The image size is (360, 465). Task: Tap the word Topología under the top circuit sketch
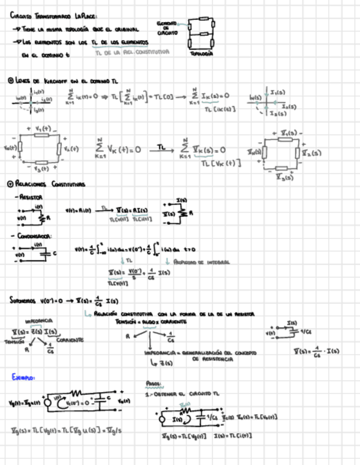[x=201, y=54]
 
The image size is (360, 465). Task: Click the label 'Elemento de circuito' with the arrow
[x=167, y=29]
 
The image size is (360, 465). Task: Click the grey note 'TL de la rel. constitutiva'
[x=132, y=53]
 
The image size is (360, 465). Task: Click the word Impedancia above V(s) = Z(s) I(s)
[x=38, y=321]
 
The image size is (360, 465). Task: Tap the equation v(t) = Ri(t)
[x=80, y=209]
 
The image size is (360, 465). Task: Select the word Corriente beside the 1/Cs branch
[x=69, y=340]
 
